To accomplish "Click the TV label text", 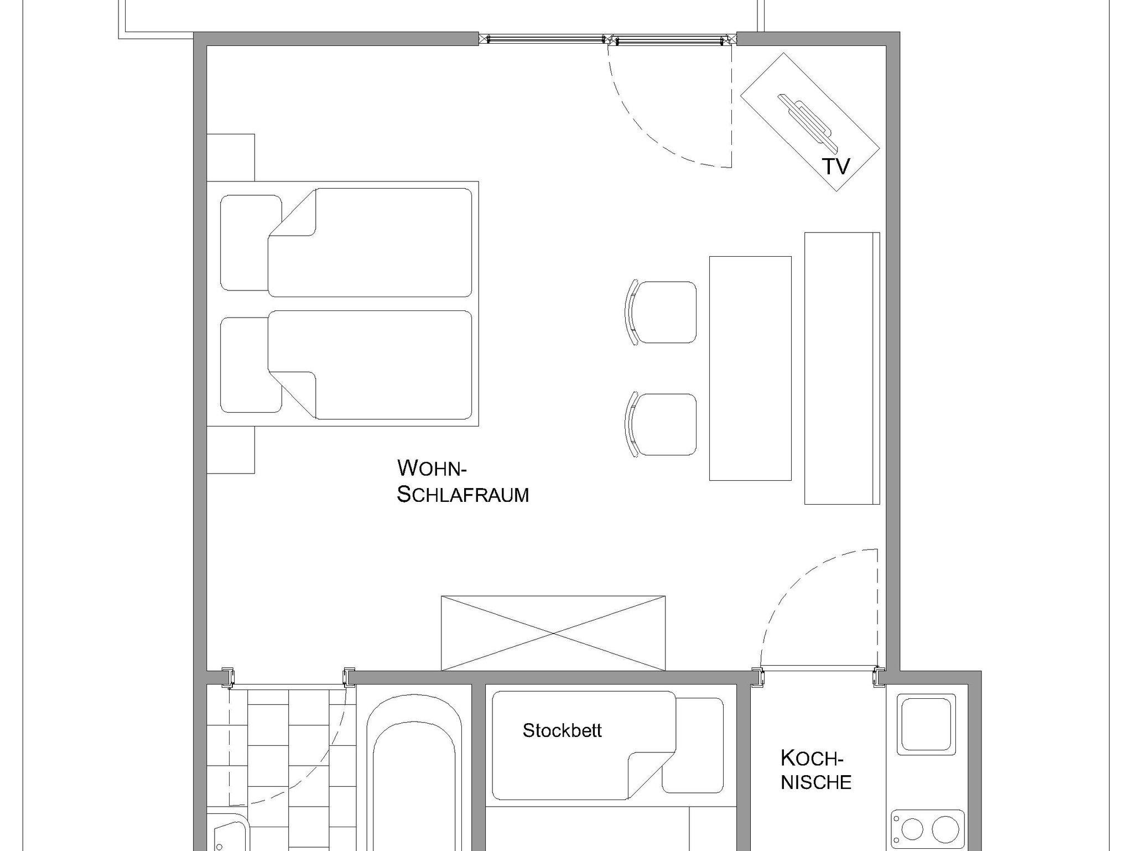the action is pos(835,166).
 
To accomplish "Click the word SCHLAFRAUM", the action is pos(463,494).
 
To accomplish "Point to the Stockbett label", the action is pos(562,730).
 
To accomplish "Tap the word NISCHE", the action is pos(816,782).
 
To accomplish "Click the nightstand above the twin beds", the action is pos(231,158).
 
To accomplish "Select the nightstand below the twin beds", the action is pos(231,450).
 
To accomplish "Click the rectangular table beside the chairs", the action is pos(750,369).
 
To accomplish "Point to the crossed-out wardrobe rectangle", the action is pos(553,633).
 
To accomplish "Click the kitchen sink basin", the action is pos(926,724).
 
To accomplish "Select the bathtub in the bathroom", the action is pos(414,775).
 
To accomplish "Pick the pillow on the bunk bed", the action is pos(693,745).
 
